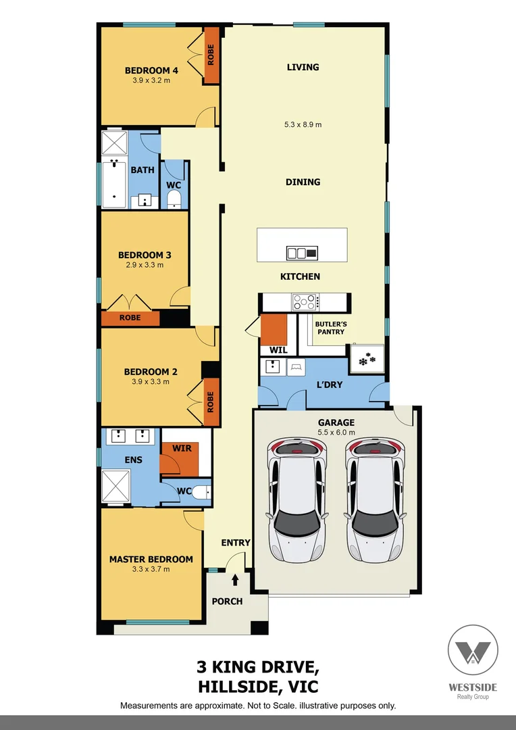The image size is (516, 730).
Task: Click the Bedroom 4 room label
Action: point(151,70)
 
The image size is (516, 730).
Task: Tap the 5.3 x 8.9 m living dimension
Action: point(303,124)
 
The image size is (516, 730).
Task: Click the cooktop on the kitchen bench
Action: point(305,302)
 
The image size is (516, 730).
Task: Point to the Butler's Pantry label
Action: point(330,328)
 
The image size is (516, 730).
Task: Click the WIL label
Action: point(278,350)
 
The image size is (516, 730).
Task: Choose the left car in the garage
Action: point(297,500)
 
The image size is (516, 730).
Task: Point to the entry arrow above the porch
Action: point(235,579)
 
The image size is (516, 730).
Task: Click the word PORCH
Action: point(227,601)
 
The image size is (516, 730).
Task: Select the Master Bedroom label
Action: point(151,559)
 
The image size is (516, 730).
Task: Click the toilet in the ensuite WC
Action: point(201,492)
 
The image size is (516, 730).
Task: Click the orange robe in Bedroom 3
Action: point(130,318)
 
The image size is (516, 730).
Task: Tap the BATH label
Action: point(142,170)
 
